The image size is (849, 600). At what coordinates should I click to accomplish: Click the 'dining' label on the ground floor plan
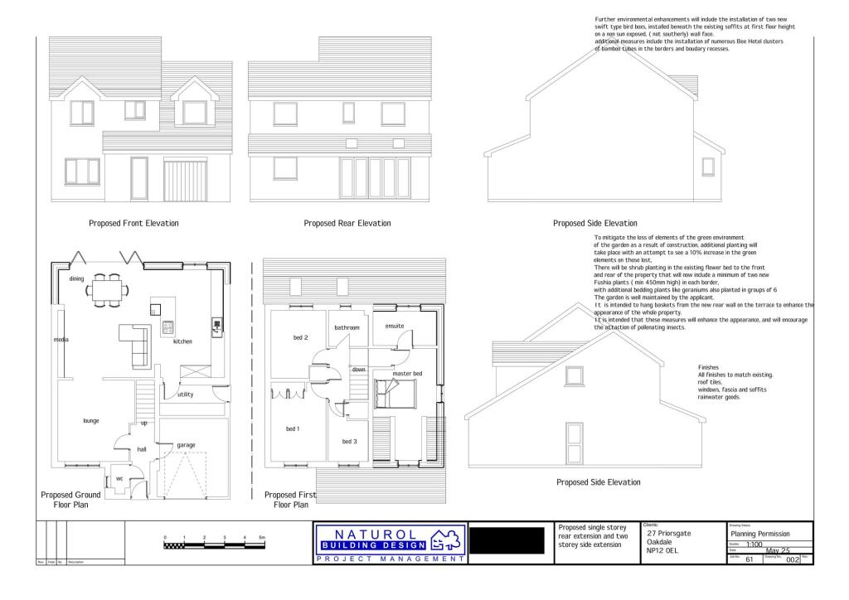point(77,279)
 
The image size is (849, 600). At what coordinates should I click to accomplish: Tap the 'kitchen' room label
point(182,341)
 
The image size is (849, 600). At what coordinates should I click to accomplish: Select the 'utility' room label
point(185,394)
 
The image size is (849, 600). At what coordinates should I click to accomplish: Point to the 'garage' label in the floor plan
point(186,445)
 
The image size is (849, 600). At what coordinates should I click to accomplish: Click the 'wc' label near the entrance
point(119,478)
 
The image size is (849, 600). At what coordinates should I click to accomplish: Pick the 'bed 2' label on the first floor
point(301,337)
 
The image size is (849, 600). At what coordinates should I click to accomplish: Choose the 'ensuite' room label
point(394,326)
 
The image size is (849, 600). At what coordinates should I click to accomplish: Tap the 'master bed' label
point(407,375)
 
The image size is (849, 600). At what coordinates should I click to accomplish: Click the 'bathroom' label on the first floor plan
point(347,328)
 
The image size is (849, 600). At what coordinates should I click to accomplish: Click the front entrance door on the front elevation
point(138,178)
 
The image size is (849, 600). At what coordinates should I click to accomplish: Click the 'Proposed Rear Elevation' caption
point(347,224)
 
